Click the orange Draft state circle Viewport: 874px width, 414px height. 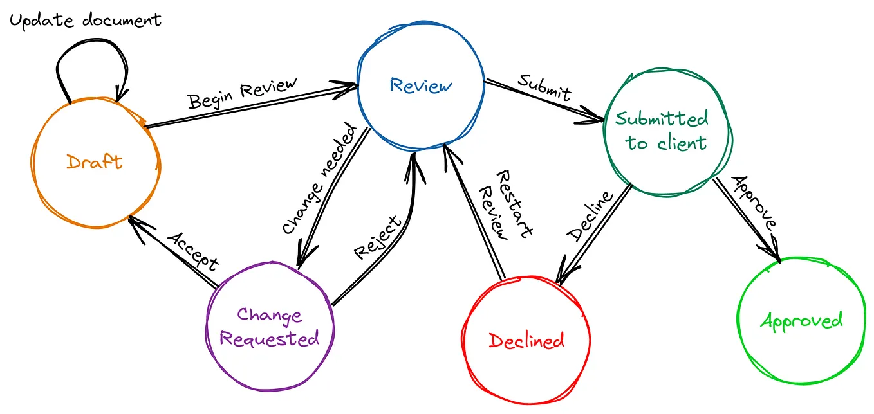coord(95,162)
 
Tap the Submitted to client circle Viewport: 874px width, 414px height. coord(666,131)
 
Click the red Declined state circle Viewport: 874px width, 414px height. coord(526,339)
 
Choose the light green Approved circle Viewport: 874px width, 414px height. coord(801,320)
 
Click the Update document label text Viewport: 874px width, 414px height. coord(85,20)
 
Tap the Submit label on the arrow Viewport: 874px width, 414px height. coord(544,88)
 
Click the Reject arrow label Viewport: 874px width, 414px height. coord(378,237)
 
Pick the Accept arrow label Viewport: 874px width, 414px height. coord(194,251)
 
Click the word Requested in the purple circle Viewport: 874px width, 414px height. coord(269,338)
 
